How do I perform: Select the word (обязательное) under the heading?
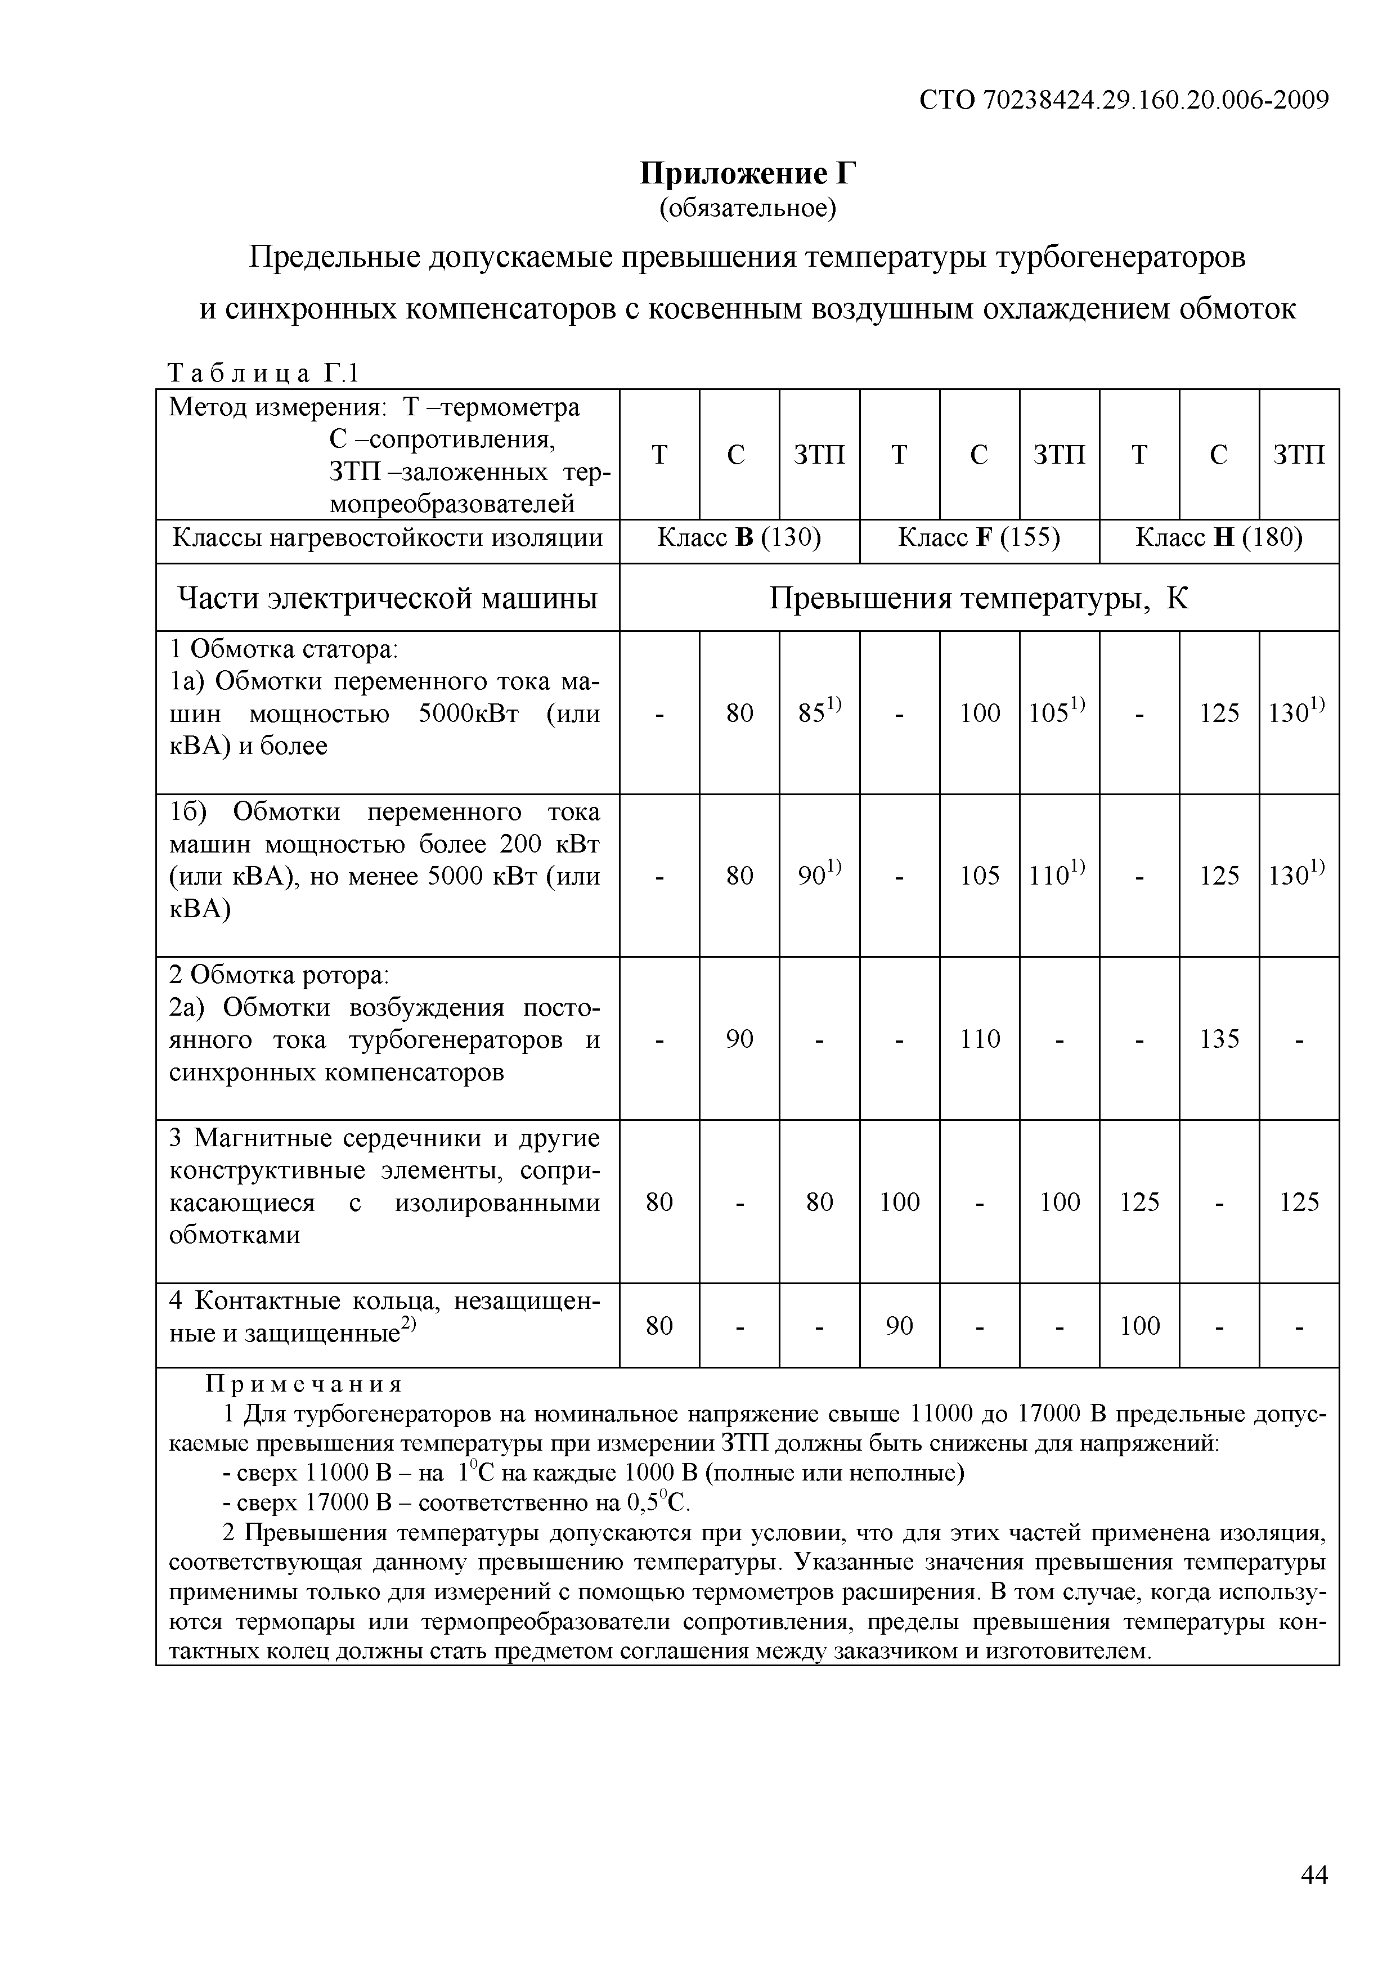[748, 209]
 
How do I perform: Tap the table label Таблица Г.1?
[262, 373]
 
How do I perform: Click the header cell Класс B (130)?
[739, 538]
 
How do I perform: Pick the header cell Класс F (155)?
[979, 538]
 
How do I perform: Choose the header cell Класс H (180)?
[1219, 538]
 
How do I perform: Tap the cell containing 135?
[1219, 1039]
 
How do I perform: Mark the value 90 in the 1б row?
[818, 875]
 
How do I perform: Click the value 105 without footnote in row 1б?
[979, 875]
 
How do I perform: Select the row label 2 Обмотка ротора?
[280, 975]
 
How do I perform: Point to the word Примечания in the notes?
[303, 1384]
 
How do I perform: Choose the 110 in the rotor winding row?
[979, 1039]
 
